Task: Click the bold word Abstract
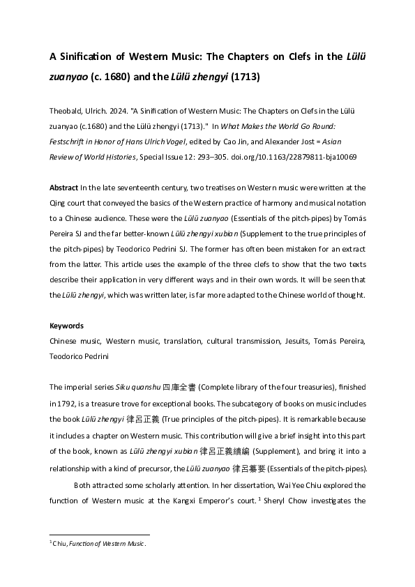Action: [x=63, y=188]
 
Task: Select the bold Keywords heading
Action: [x=67, y=326]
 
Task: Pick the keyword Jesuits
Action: [x=298, y=342]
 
